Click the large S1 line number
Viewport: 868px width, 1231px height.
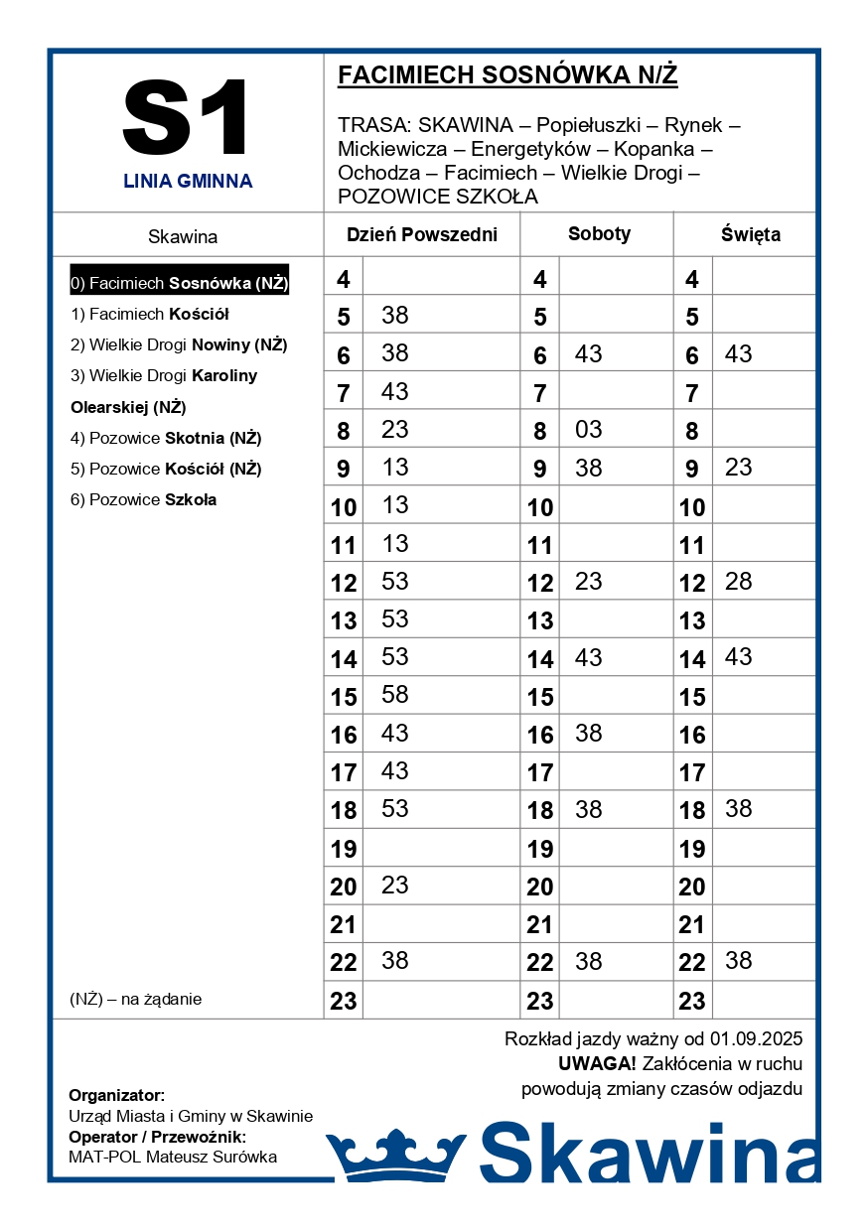(x=187, y=119)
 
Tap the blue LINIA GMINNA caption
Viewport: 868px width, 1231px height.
(x=188, y=182)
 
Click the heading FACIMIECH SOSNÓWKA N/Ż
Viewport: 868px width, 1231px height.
(x=507, y=75)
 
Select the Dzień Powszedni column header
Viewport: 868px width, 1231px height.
(x=421, y=235)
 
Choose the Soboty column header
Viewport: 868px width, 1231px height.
(x=599, y=234)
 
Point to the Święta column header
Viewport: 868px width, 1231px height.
(x=751, y=235)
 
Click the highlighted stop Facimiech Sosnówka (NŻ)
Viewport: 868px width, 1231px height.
(x=180, y=283)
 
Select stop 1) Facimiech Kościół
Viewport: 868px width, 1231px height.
(x=150, y=314)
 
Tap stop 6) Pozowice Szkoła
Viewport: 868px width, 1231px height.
(x=143, y=499)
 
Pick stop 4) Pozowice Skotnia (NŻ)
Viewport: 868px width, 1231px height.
(x=166, y=438)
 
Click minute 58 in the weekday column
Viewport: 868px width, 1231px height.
(x=395, y=695)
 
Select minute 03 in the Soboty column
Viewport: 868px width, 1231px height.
(x=588, y=430)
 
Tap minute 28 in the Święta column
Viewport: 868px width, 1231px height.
(x=738, y=581)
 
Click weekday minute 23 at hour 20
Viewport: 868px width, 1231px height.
(x=395, y=885)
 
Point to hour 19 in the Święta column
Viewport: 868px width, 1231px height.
(x=692, y=849)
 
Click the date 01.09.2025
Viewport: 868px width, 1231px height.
(x=756, y=1039)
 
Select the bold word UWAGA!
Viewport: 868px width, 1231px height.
(x=597, y=1064)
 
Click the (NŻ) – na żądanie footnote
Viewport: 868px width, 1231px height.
(x=136, y=999)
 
